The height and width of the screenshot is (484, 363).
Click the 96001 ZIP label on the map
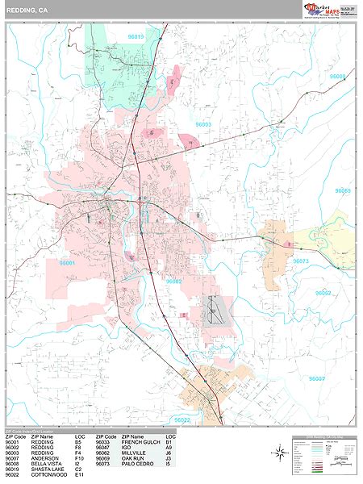click(67, 263)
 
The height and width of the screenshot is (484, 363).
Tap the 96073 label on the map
click(300, 261)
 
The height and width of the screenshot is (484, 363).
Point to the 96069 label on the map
click(342, 191)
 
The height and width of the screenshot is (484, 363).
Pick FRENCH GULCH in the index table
click(139, 442)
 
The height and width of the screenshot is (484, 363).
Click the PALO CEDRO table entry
click(136, 465)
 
